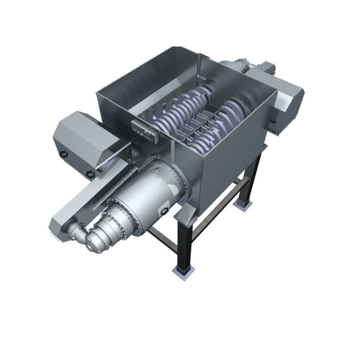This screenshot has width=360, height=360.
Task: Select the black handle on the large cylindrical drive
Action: coord(165,212)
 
